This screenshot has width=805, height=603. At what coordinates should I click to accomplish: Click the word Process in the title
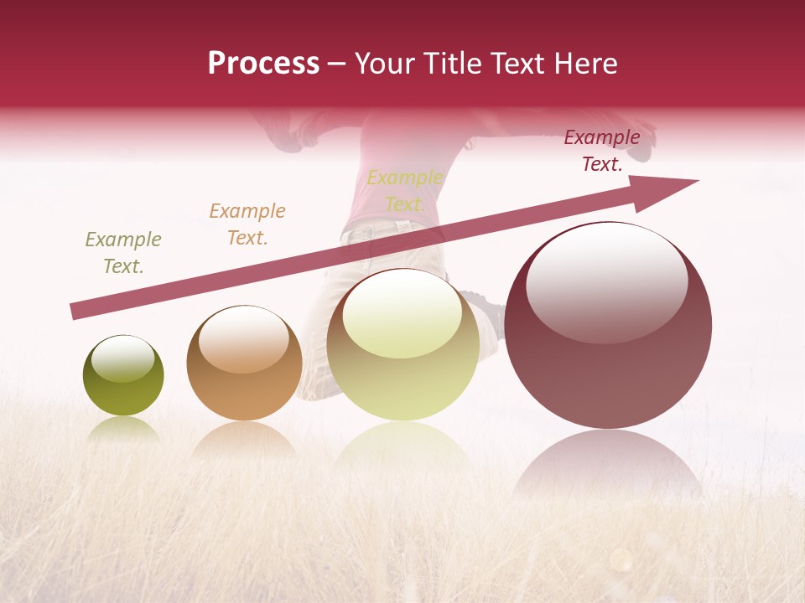263,64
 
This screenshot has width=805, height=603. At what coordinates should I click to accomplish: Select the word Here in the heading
584,64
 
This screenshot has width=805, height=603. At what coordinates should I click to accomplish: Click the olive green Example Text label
123,253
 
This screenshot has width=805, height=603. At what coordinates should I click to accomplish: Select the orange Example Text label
247,224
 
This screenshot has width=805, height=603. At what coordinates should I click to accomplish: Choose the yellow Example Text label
405,191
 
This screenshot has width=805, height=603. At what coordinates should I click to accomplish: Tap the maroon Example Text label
602,151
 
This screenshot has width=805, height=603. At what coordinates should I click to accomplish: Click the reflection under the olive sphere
123,429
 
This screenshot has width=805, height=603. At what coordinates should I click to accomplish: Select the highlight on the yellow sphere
402,315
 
